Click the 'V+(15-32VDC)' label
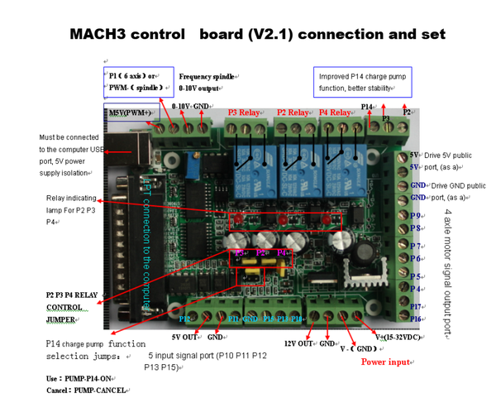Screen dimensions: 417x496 399,338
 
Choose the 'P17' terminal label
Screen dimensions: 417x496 418,307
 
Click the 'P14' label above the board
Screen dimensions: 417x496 368,107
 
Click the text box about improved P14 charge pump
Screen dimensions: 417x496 362,82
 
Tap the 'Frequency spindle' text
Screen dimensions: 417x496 207,76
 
